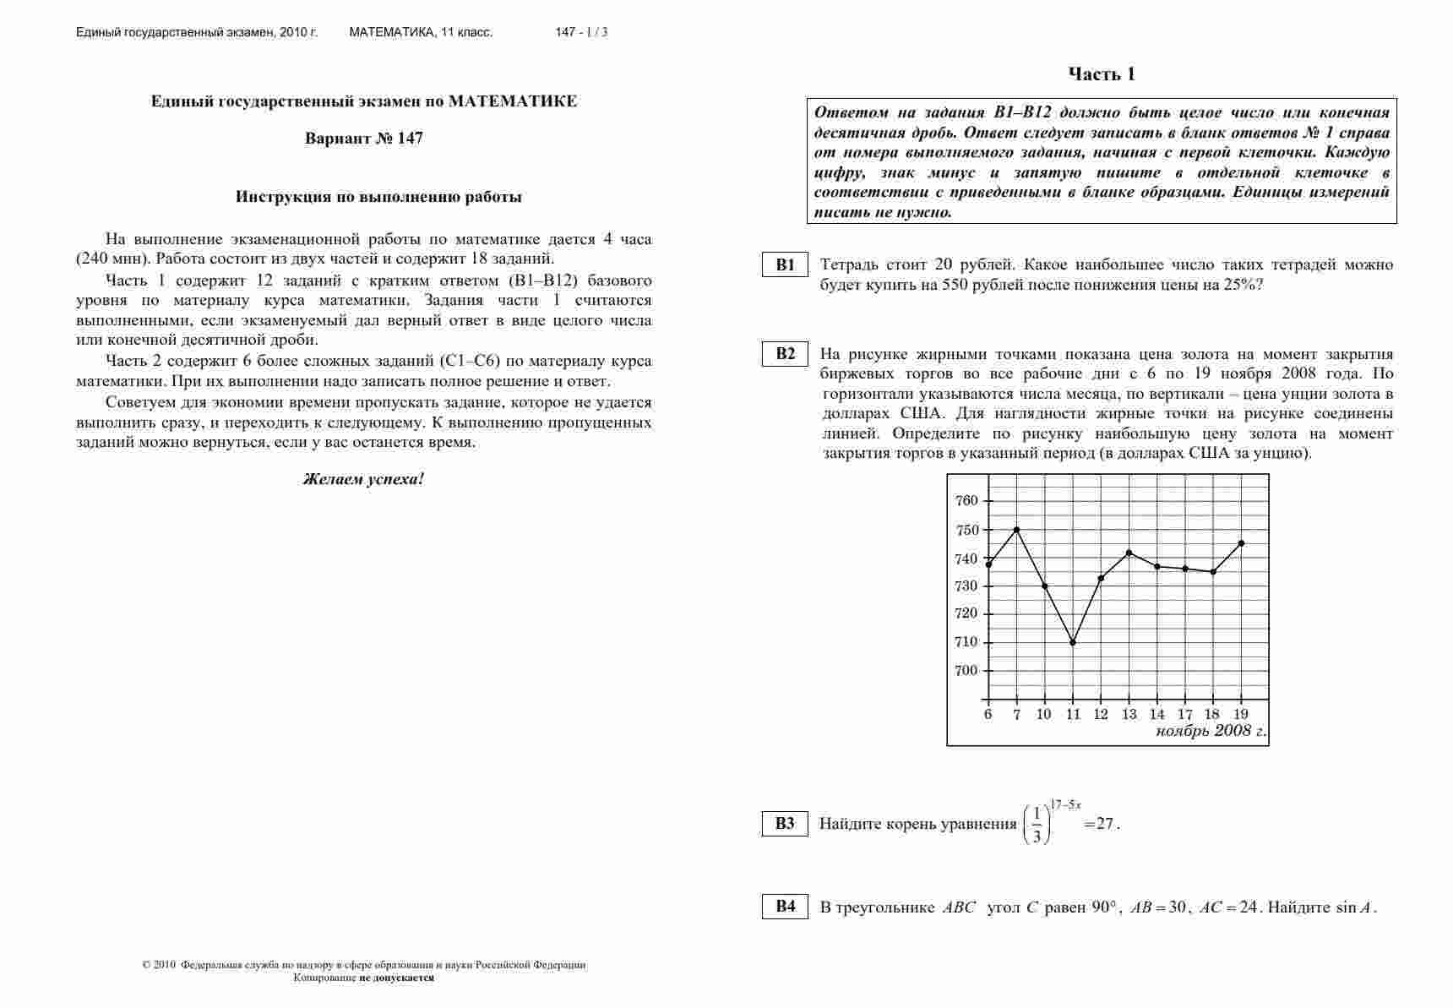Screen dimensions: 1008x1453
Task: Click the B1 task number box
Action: tap(786, 264)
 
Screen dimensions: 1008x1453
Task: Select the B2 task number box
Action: tap(786, 353)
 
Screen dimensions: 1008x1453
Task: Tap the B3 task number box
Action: tap(786, 823)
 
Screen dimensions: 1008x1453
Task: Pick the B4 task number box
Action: tap(786, 907)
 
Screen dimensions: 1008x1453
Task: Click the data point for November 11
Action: tap(1073, 642)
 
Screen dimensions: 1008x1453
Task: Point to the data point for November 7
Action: tap(1016, 530)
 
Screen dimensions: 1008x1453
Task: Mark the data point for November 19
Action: tap(1241, 543)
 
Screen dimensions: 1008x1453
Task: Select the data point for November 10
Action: tap(1044, 586)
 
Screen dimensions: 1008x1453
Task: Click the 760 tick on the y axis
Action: tap(966, 500)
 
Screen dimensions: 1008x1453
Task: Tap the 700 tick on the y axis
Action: tap(966, 671)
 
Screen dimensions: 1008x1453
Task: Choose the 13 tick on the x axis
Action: tap(1129, 714)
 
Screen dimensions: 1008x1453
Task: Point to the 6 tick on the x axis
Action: tap(988, 714)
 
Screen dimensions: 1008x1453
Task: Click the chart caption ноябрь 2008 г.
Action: tap(1211, 731)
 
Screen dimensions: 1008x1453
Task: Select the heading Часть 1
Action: tap(1102, 74)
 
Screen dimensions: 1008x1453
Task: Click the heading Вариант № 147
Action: tap(364, 139)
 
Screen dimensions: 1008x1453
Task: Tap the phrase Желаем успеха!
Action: tap(363, 479)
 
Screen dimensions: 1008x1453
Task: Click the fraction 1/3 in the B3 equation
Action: tap(1037, 825)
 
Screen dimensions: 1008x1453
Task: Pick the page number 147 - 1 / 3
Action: tap(581, 32)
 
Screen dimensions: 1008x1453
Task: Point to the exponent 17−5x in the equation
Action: tap(1066, 804)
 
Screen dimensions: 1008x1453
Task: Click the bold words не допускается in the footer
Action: tap(397, 978)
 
